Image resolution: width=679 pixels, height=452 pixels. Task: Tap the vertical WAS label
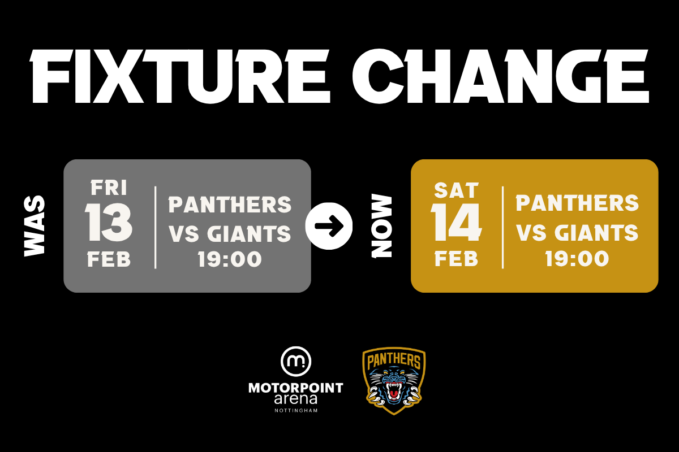coord(35,226)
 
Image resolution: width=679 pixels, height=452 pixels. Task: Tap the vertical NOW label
coord(381,226)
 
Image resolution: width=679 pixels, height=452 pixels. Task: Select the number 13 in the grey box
coord(109,222)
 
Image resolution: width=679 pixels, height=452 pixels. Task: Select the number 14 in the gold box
coord(456,222)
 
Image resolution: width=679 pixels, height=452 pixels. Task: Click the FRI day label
coord(109,188)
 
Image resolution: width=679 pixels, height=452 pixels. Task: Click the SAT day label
coord(456,190)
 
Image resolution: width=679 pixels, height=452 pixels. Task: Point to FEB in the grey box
coord(109,259)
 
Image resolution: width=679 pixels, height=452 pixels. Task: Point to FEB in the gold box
coord(456,259)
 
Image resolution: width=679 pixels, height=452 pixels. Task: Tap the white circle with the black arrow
coord(329,226)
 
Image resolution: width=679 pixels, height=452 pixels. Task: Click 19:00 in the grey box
coord(230,259)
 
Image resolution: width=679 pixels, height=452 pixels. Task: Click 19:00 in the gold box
coord(577,259)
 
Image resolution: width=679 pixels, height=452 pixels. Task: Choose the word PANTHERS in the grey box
coord(230,205)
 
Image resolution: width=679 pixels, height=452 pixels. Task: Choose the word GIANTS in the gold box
coord(596,233)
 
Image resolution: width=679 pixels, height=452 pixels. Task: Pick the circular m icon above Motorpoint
coord(295,361)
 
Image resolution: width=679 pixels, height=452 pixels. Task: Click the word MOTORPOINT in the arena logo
coord(295,388)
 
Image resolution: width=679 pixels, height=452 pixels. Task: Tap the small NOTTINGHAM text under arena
coord(296,411)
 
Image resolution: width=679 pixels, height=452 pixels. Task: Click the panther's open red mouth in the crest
coord(394,392)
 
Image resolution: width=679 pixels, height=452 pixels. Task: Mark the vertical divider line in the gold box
coord(502,227)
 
